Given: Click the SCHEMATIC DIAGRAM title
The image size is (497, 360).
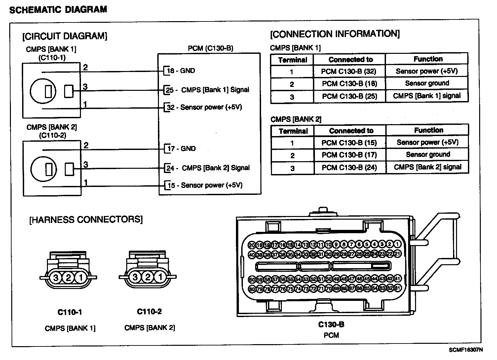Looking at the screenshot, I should click(x=58, y=10).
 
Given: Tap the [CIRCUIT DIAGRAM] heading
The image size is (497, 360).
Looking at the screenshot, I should click(x=65, y=36).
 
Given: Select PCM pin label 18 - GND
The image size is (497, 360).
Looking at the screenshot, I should click(x=181, y=71).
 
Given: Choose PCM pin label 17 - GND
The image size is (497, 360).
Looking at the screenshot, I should click(x=181, y=149).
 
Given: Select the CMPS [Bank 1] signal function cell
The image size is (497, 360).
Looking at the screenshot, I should click(x=427, y=96).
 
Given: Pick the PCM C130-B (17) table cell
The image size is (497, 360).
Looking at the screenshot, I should click(x=349, y=155).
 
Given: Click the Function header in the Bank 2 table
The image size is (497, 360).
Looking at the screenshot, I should click(x=429, y=130).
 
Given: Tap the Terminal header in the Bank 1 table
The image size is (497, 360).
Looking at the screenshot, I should click(x=292, y=60).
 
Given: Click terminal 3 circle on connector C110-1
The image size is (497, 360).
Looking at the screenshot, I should click(x=56, y=278).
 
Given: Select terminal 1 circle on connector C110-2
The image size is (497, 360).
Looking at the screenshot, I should click(x=160, y=277).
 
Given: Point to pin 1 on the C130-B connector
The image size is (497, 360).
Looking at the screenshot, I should click(x=398, y=245).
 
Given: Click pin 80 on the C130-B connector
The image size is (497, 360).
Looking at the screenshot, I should click(x=252, y=289).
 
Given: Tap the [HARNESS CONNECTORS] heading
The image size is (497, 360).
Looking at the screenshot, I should click(x=86, y=220).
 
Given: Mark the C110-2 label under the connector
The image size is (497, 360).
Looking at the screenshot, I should click(x=149, y=311).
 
